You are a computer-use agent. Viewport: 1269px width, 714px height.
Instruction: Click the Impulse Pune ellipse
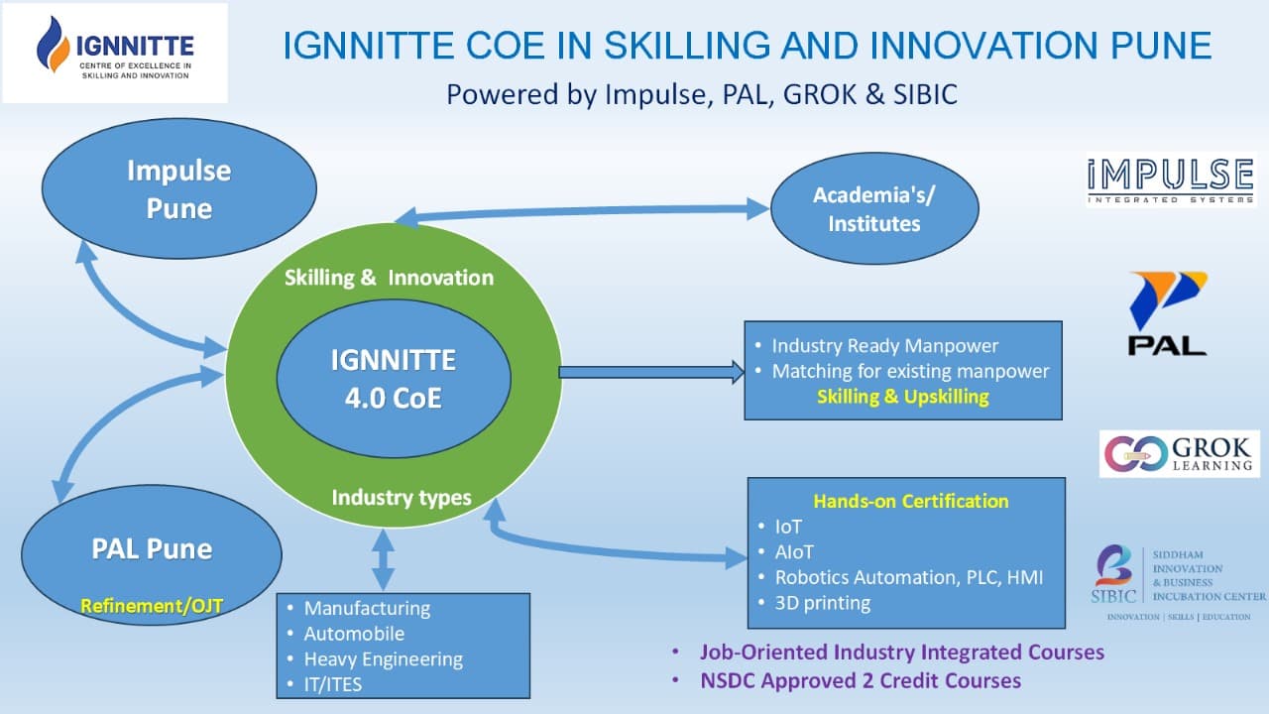click(179, 188)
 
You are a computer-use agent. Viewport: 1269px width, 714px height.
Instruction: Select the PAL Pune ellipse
click(152, 555)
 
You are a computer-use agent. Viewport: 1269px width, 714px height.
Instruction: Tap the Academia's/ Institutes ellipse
click(874, 208)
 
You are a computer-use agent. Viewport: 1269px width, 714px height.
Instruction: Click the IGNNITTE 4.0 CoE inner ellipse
click(394, 379)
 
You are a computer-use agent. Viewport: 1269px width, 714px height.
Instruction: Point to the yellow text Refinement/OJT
click(152, 606)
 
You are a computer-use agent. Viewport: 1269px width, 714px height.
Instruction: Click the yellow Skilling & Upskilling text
click(903, 396)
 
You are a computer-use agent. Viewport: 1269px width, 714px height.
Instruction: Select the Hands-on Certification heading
click(911, 501)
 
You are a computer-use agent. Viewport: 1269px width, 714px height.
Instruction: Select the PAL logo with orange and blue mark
click(1168, 313)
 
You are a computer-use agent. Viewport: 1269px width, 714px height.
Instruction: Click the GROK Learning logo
click(1180, 454)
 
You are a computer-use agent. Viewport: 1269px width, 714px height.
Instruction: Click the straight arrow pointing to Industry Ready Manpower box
click(651, 372)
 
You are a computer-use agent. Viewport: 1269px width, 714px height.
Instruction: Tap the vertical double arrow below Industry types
click(384, 560)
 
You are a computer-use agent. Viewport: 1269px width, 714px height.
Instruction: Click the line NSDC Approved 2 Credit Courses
click(861, 680)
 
